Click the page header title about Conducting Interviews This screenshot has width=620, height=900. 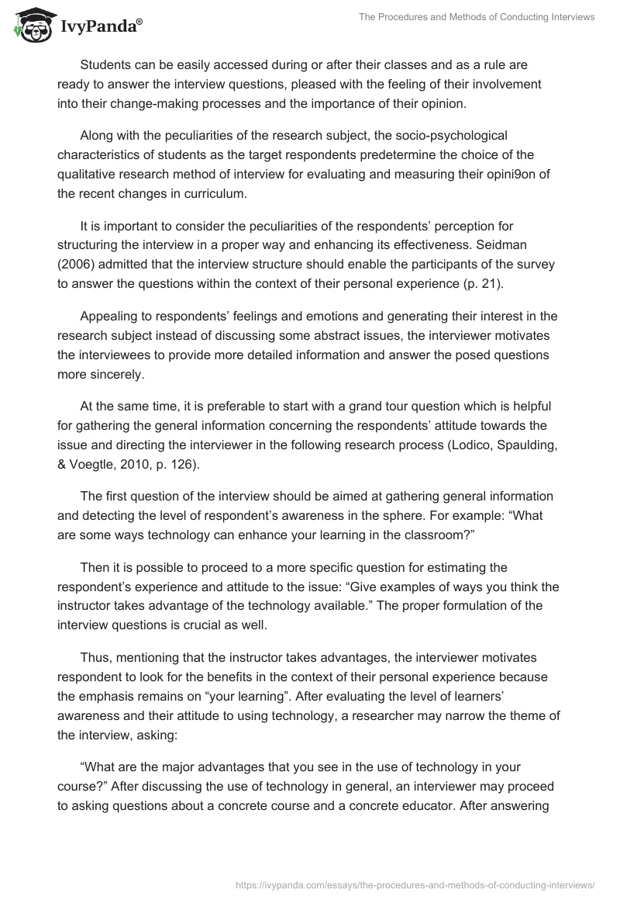(477, 17)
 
